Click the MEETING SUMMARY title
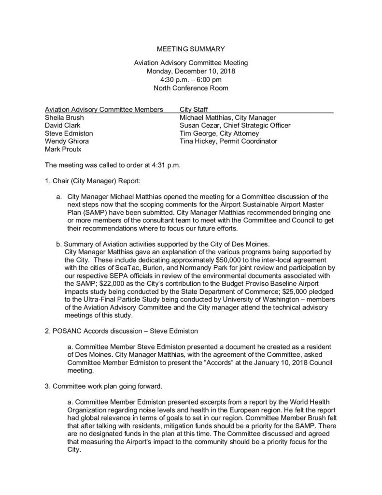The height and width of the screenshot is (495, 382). tap(191, 49)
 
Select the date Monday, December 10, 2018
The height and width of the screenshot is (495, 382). tap(191, 71)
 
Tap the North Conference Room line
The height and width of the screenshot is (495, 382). tap(191, 88)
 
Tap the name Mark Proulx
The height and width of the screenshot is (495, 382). tap(61, 149)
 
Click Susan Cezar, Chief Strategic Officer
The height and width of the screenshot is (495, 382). tap(235, 125)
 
